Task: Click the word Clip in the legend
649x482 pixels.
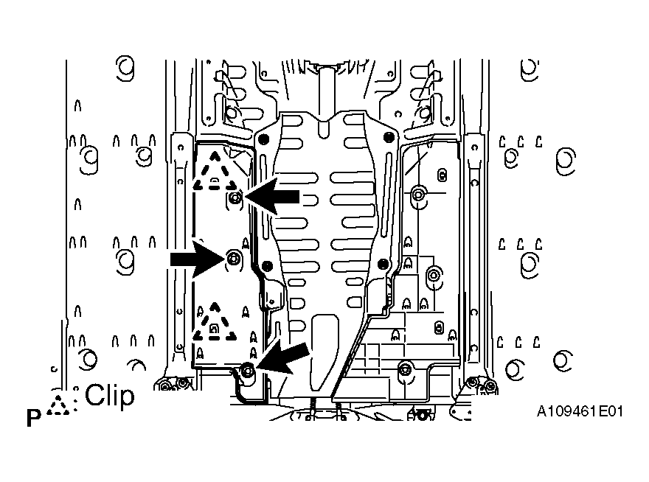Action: (x=110, y=396)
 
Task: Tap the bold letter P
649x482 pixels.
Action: (x=34, y=418)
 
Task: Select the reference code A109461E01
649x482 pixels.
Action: (x=580, y=412)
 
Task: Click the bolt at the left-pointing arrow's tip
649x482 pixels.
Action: (x=235, y=198)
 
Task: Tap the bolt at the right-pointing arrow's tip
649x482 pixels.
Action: (x=234, y=259)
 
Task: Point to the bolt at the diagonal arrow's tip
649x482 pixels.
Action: (x=248, y=369)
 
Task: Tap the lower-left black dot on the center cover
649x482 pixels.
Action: (x=268, y=266)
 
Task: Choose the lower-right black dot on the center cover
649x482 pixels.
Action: (x=383, y=264)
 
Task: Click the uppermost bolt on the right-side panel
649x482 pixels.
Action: (x=418, y=193)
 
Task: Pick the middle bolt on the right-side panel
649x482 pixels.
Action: (x=434, y=275)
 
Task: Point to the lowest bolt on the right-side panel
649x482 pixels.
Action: (x=403, y=369)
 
